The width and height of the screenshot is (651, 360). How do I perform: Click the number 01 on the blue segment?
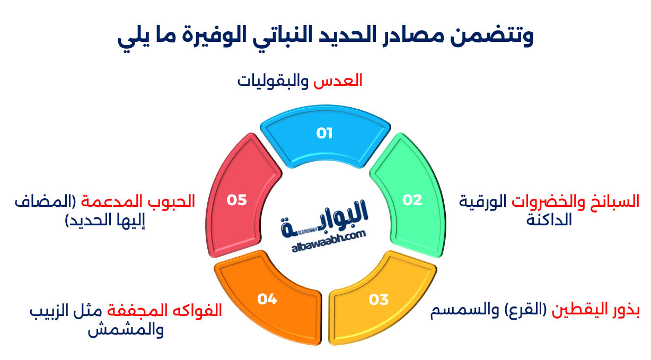tap(324, 133)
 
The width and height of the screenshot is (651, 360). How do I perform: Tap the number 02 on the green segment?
tap(412, 200)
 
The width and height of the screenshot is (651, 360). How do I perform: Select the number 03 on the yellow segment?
tap(379, 300)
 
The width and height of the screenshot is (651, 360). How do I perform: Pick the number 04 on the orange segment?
tap(267, 300)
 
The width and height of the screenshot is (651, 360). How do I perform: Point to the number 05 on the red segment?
tap(237, 200)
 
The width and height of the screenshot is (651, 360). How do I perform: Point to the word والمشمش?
tap(126, 330)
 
